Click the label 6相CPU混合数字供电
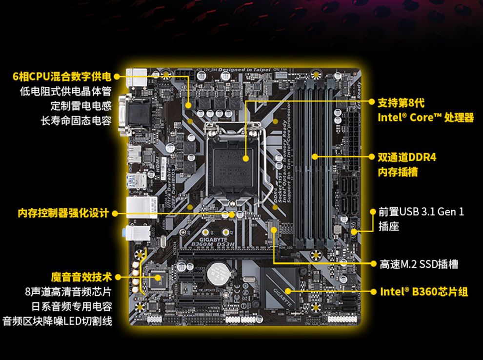pos(61,77)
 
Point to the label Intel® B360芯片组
pos(424,292)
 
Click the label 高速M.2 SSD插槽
pos(419,264)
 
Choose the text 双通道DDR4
pos(407,157)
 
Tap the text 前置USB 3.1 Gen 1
pos(421,212)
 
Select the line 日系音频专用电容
pos(72,306)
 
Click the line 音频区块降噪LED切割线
pos(58,321)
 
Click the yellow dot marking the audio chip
pos(158,277)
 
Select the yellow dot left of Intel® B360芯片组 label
pos(289,291)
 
